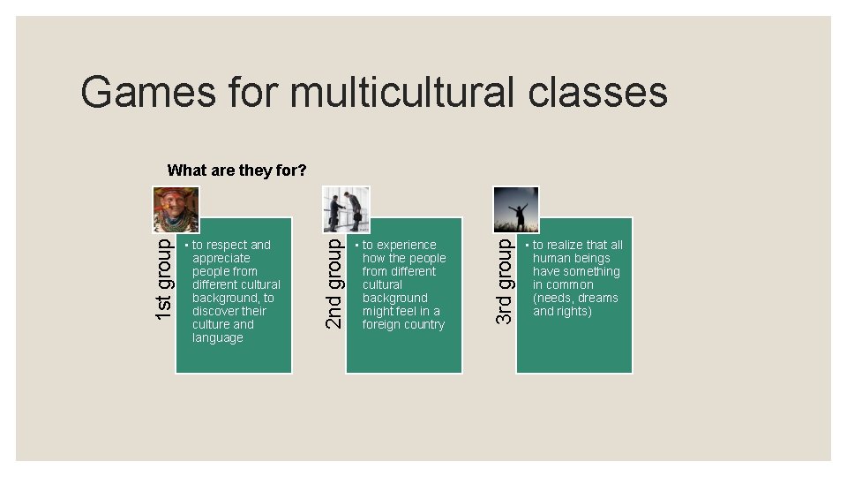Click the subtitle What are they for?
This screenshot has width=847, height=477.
(236, 170)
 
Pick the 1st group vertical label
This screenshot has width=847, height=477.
(164, 276)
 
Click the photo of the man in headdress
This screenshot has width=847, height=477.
(176, 210)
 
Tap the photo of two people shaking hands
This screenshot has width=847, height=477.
(346, 209)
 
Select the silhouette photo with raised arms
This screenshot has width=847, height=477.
(516, 209)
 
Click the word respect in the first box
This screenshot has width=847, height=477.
(226, 245)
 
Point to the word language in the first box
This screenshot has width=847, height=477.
(217, 337)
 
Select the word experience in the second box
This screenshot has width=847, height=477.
(407, 245)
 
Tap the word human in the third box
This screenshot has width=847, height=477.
(551, 258)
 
